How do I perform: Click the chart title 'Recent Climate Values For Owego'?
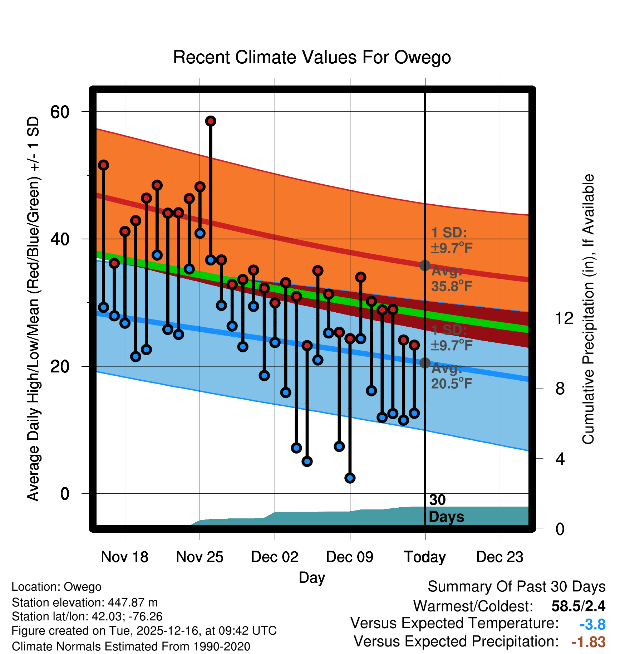(x=312, y=57)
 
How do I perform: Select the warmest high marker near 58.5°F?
(x=211, y=121)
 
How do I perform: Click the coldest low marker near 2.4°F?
(x=350, y=478)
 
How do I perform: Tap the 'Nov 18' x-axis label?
(x=124, y=557)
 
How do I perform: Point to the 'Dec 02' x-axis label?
(x=275, y=557)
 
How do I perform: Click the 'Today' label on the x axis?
(x=425, y=557)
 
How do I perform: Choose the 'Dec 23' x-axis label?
(x=499, y=557)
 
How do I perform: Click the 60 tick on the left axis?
(x=60, y=112)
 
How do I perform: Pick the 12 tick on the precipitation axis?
(x=564, y=318)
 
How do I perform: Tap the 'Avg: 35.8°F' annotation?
(x=451, y=279)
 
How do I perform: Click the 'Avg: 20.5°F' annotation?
(x=451, y=376)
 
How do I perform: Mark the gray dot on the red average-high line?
(x=425, y=265)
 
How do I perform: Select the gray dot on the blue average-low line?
(x=425, y=363)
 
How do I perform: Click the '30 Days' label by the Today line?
(x=446, y=508)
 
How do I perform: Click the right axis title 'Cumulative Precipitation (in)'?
(x=588, y=309)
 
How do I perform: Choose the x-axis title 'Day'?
(x=312, y=577)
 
